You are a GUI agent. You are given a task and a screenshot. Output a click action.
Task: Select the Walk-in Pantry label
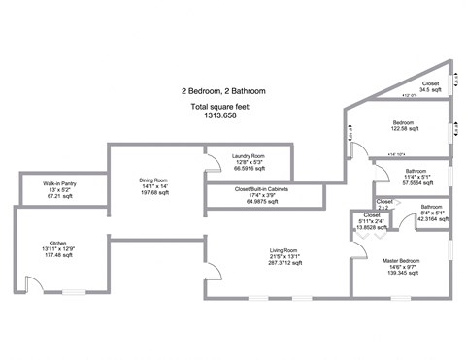click(x=59, y=183)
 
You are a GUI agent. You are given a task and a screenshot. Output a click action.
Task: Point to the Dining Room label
click(x=153, y=180)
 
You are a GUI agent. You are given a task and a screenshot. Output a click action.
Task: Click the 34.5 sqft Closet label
click(x=430, y=83)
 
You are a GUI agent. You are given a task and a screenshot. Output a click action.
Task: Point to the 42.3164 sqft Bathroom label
click(x=432, y=207)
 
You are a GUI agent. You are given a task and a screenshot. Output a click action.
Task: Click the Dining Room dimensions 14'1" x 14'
click(x=153, y=185)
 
